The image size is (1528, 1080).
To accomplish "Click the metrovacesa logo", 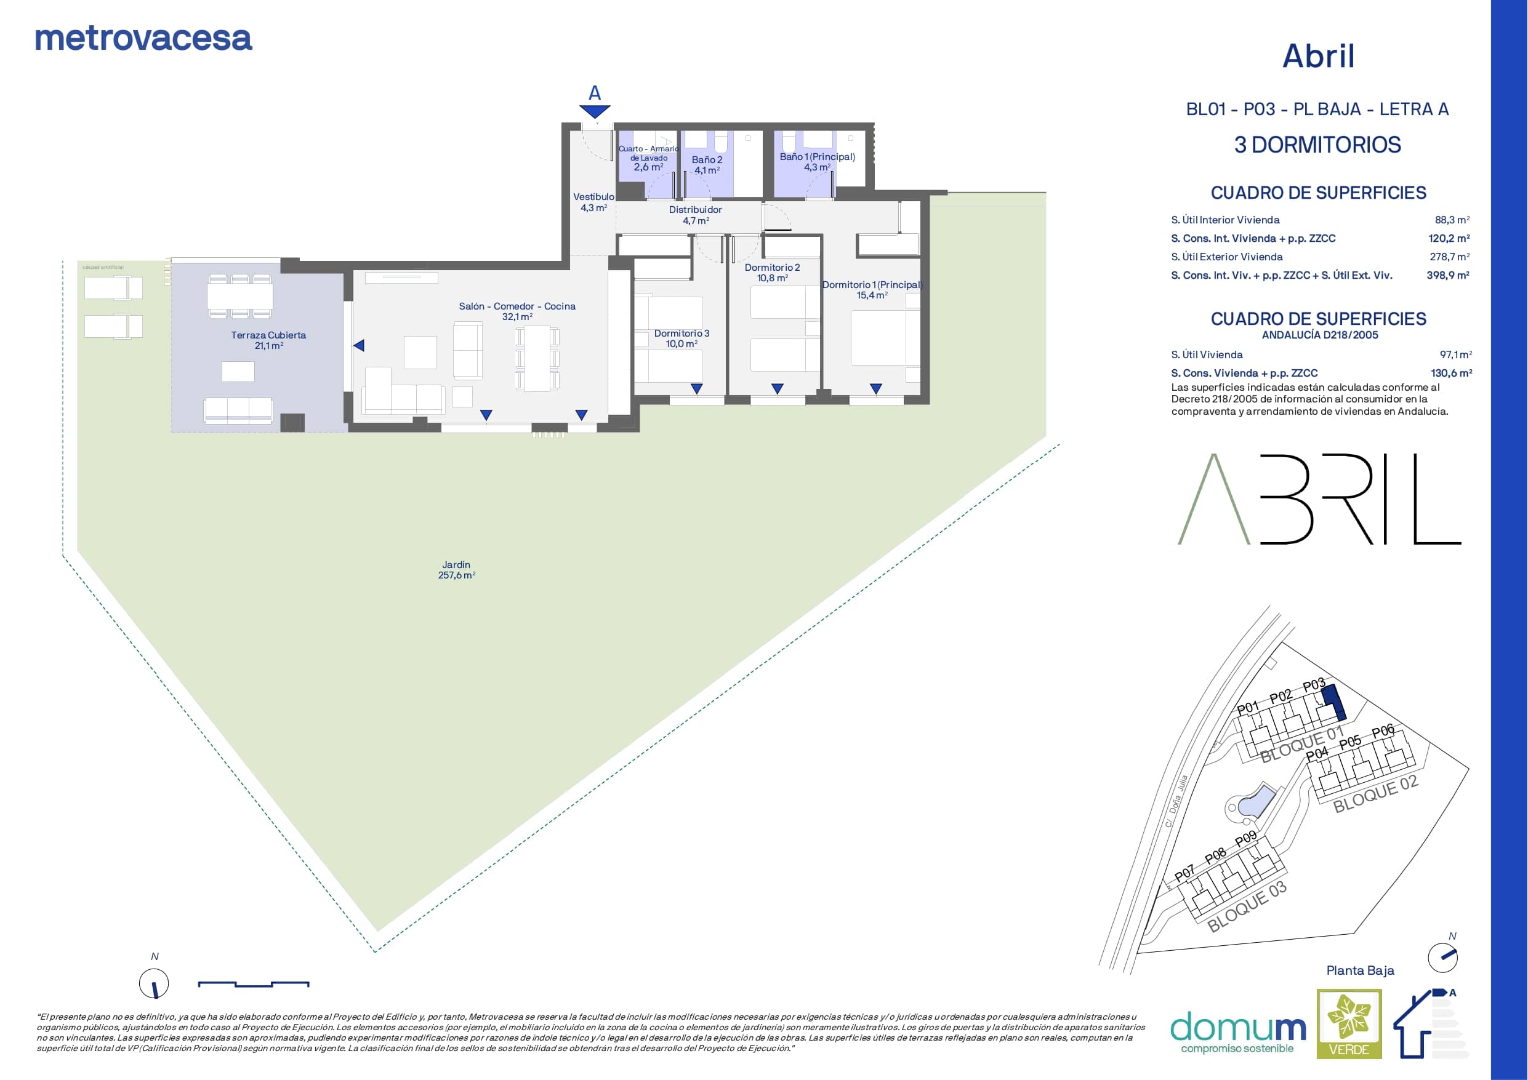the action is (x=143, y=39).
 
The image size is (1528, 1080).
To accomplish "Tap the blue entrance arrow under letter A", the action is (x=594, y=112).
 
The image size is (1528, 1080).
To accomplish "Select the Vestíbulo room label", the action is (x=593, y=202).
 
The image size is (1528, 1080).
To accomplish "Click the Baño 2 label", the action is (x=707, y=165).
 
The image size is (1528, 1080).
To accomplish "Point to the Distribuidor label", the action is (x=696, y=215).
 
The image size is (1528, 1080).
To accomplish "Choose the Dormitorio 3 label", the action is (x=682, y=338).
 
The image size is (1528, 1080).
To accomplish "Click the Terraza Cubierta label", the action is (x=268, y=340).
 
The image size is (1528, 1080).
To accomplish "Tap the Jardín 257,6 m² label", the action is (x=457, y=570).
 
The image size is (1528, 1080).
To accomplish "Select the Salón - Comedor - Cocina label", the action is (x=517, y=311).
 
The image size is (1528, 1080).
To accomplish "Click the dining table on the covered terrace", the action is (x=239, y=295).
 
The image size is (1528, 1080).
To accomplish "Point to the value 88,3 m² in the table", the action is (x=1452, y=220).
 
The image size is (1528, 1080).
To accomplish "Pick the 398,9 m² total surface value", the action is (x=1447, y=275).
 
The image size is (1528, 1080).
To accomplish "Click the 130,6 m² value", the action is (x=1452, y=374).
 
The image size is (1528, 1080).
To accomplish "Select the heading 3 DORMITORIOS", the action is (x=1317, y=145).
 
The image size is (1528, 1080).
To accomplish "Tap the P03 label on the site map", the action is (x=1314, y=686).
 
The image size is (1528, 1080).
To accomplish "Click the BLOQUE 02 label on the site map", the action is (x=1375, y=793).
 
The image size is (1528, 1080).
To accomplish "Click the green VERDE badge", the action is (x=1349, y=1023).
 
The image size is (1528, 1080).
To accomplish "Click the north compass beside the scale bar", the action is (x=154, y=983).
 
